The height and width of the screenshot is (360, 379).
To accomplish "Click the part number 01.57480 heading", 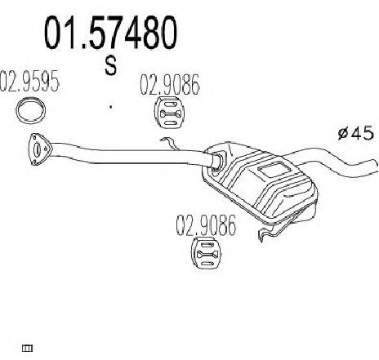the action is point(110,32).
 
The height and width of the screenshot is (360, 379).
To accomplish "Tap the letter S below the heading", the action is point(111,66).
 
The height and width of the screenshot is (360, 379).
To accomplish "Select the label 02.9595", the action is point(29,81).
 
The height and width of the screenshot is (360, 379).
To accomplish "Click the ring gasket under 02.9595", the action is point(30,109).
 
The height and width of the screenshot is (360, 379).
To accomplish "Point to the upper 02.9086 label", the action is point(170,85).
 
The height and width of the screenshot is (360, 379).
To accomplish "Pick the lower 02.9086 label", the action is point(206,225).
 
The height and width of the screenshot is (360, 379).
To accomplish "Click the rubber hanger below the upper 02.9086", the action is point(169,113).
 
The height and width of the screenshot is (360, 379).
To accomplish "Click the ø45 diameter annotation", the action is point(356,133).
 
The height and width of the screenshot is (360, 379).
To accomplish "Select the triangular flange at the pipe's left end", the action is point(39,149).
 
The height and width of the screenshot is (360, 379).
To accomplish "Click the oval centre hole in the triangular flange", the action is point(38,149).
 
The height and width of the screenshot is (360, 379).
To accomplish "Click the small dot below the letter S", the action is point(111,107).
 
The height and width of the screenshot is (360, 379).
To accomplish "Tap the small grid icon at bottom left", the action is point(27,348).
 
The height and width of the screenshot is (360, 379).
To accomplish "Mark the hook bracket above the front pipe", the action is point(170,144).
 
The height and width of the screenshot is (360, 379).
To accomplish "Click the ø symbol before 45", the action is point(344,133).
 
